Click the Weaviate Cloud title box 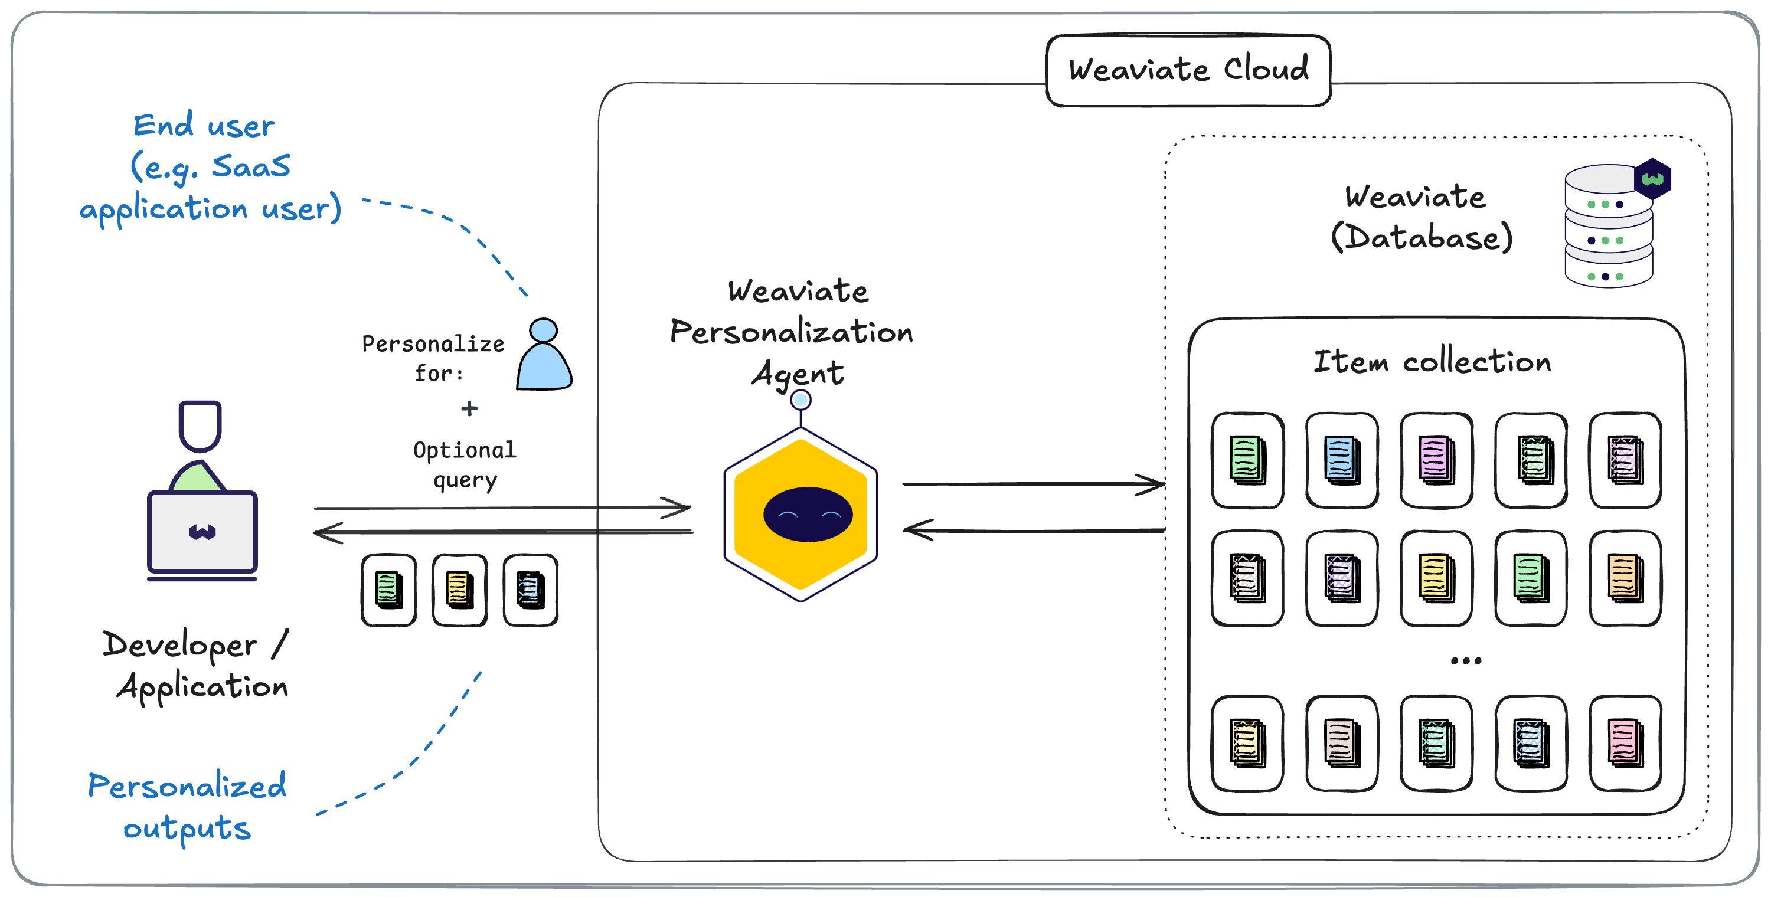[x=1188, y=70]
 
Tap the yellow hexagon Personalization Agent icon [x=801, y=514]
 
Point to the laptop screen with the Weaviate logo [x=202, y=531]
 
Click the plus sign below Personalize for [x=469, y=408]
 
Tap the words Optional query [x=464, y=464]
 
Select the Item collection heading [x=1432, y=362]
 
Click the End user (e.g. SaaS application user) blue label [x=210, y=167]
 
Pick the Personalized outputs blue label [x=187, y=806]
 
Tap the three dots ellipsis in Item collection [x=1465, y=660]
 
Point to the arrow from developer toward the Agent [x=502, y=508]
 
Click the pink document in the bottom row [x=1625, y=743]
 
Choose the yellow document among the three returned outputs [x=459, y=590]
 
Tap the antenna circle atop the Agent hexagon [x=800, y=400]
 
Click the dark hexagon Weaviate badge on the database [x=1652, y=179]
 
